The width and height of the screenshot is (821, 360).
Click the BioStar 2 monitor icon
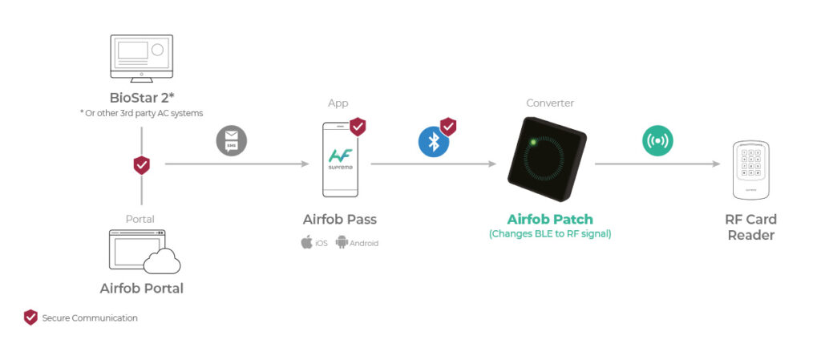(141, 58)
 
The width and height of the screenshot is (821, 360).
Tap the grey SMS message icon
(232, 142)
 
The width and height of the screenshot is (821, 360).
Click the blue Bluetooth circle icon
(434, 141)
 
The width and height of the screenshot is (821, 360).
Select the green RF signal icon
(657, 141)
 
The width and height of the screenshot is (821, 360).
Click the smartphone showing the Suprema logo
(340, 159)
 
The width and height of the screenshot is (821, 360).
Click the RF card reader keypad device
(750, 170)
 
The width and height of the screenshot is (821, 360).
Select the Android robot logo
(342, 242)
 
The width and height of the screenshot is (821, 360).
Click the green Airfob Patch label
(550, 220)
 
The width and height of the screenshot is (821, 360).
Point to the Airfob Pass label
(340, 220)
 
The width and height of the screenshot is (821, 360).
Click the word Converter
(550, 103)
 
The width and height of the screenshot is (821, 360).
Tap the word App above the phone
(338, 103)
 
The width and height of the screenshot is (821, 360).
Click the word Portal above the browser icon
(140, 219)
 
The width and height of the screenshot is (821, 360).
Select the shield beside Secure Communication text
(30, 318)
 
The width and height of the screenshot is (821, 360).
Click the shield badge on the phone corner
(358, 126)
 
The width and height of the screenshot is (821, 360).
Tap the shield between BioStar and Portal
(141, 165)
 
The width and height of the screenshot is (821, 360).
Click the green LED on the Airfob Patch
(531, 144)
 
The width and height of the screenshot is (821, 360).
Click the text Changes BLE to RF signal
(550, 234)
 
